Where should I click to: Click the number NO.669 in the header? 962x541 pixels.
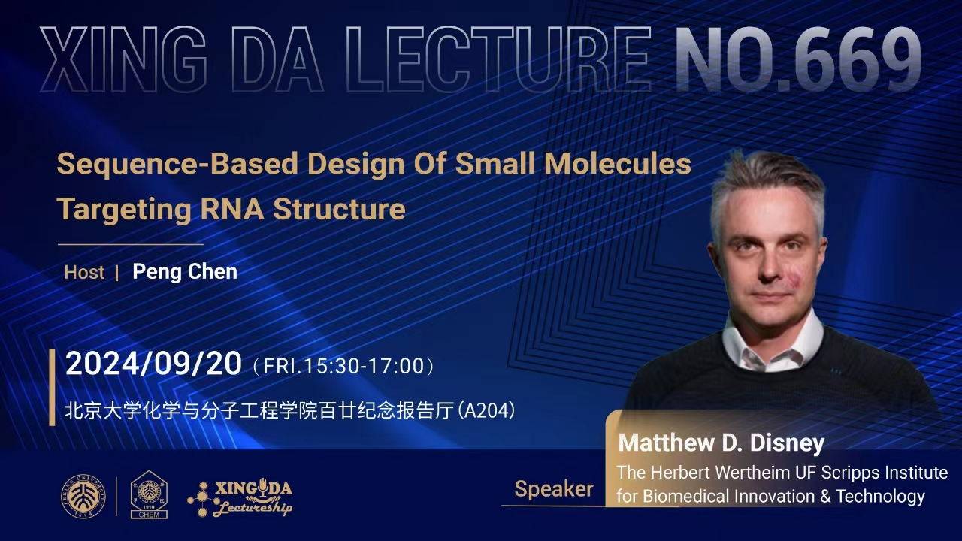[799, 59]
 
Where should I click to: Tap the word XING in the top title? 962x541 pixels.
[123, 59]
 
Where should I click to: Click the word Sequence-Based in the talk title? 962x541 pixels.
[177, 164]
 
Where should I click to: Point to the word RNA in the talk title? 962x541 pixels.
[232, 209]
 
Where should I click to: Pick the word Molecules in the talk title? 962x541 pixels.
[618, 163]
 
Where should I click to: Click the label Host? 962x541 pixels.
[84, 272]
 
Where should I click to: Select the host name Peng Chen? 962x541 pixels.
[185, 272]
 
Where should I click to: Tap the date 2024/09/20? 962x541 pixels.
[153, 364]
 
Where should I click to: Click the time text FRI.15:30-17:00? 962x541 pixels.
[343, 366]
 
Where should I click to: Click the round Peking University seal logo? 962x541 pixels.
[83, 496]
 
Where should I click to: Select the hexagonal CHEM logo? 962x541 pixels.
[149, 494]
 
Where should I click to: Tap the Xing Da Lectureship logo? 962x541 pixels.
[240, 497]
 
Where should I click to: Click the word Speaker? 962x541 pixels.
[554, 489]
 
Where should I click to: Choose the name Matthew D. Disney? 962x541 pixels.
[721, 443]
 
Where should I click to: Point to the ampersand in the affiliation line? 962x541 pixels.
[825, 497]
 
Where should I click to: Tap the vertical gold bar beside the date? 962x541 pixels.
[53, 387]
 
